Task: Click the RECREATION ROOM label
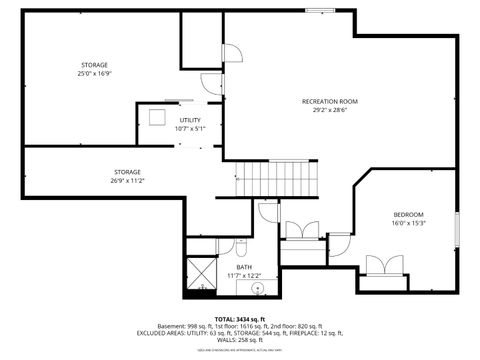pyautogui.click(x=329, y=101)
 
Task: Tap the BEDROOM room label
pyautogui.click(x=408, y=215)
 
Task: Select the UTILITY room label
pyautogui.click(x=190, y=120)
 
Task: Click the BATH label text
pyautogui.click(x=244, y=267)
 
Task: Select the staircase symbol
pyautogui.click(x=276, y=181)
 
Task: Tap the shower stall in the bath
pyautogui.click(x=203, y=271)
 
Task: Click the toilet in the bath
pyautogui.click(x=226, y=246)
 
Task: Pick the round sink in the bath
pyautogui.click(x=258, y=289)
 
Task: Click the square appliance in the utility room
pyautogui.click(x=156, y=117)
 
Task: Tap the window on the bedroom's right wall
pyautogui.click(x=456, y=229)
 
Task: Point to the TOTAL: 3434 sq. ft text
pyautogui.click(x=240, y=318)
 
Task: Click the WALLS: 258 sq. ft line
pyautogui.click(x=240, y=341)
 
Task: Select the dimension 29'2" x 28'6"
pyautogui.click(x=329, y=110)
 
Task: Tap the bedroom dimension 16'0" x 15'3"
pyautogui.click(x=408, y=224)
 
